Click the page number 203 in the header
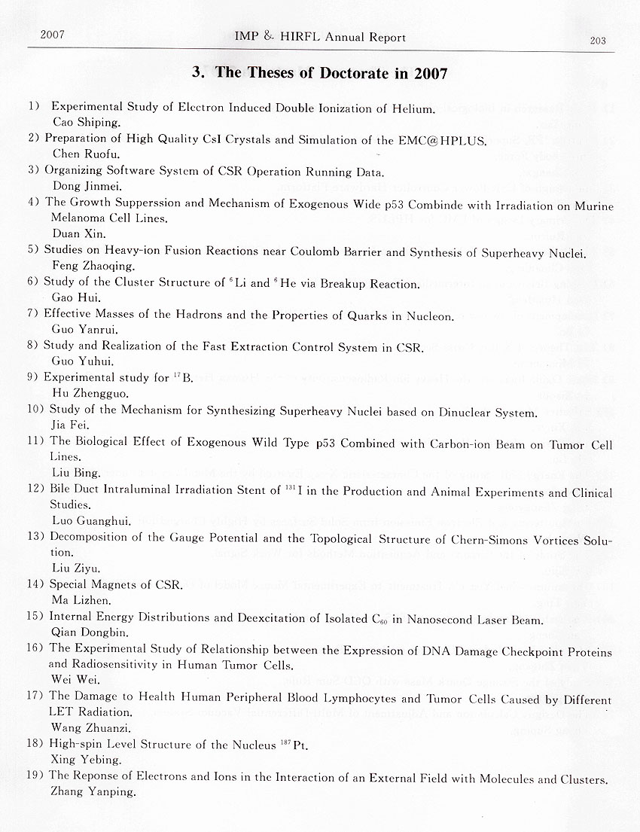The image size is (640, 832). (x=598, y=41)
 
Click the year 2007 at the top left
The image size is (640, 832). (x=53, y=35)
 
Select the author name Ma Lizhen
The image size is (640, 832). (x=81, y=600)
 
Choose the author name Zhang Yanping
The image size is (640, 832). (x=93, y=791)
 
